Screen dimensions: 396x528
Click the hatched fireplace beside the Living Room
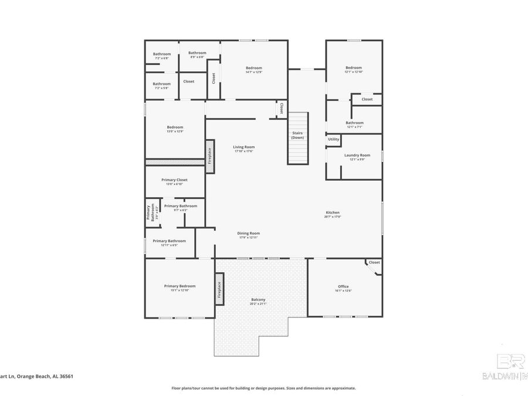(x=209, y=155)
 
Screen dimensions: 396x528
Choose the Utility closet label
(x=333, y=139)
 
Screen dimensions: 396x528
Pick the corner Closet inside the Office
(x=374, y=263)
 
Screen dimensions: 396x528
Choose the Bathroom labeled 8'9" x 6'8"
(x=197, y=55)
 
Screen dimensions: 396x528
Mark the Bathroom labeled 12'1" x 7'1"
(x=354, y=124)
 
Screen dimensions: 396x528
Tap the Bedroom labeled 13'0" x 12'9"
(x=175, y=128)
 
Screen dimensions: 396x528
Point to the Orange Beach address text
(x=36, y=377)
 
